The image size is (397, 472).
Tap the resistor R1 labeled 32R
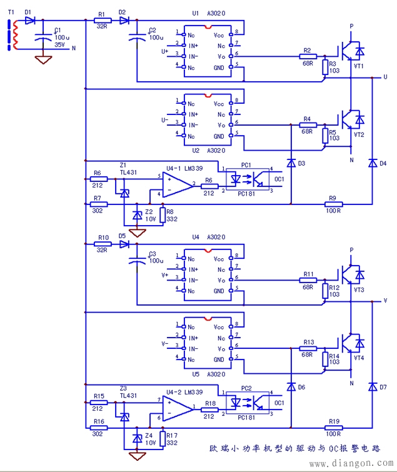(x=101, y=21)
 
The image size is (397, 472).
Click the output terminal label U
(x=385, y=76)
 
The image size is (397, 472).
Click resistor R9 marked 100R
(x=333, y=203)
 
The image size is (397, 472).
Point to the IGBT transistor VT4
(x=350, y=342)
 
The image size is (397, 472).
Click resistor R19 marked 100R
(x=333, y=428)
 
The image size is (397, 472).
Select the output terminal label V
(x=385, y=301)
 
